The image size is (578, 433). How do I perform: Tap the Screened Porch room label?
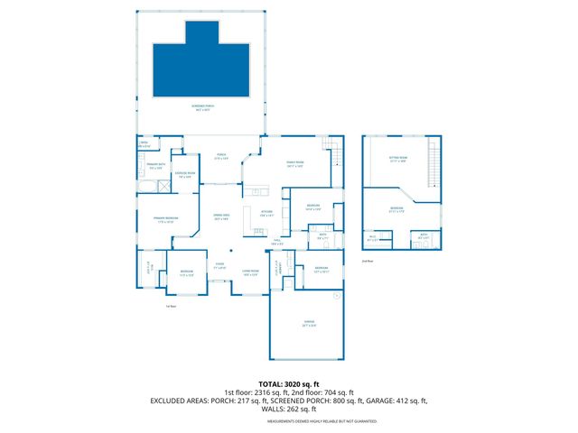point(201,106)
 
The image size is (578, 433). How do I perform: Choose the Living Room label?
point(249,272)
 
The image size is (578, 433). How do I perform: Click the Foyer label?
point(219,266)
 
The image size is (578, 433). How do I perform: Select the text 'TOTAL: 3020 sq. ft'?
point(289,384)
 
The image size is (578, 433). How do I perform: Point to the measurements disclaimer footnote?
point(289,420)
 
